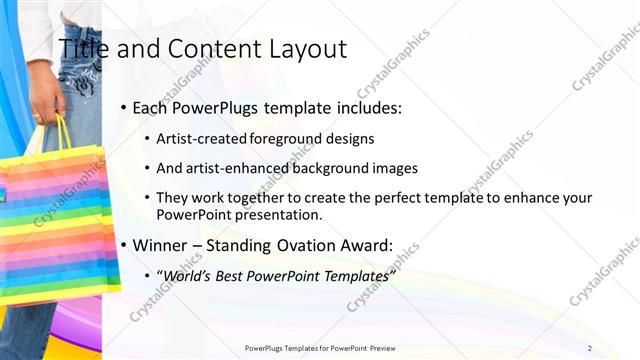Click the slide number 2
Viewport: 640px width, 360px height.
(590, 347)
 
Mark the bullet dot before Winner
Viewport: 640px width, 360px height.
(123, 245)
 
